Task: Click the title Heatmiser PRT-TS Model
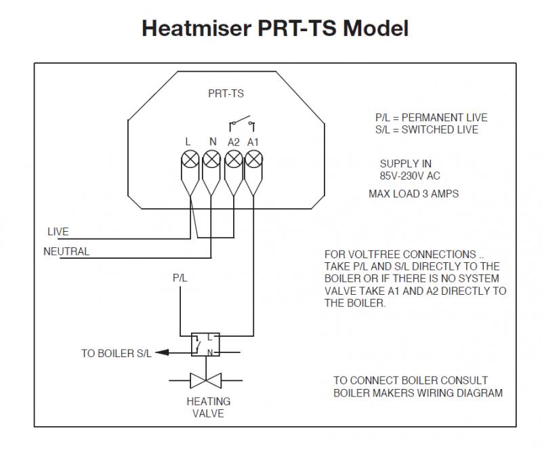point(274,28)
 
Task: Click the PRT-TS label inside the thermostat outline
point(226,94)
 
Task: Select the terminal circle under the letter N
point(212,160)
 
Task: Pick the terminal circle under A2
point(233,160)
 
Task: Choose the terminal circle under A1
point(253,160)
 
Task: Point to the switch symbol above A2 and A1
point(243,124)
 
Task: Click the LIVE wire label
point(58,232)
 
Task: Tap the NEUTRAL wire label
point(66,251)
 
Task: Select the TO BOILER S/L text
point(117,353)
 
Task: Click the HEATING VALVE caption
point(208,407)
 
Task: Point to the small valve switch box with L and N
point(203,344)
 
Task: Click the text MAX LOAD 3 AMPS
point(413,194)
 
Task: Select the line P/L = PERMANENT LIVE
point(431,118)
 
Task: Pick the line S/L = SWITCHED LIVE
point(426,129)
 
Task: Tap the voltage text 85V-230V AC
point(410,176)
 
